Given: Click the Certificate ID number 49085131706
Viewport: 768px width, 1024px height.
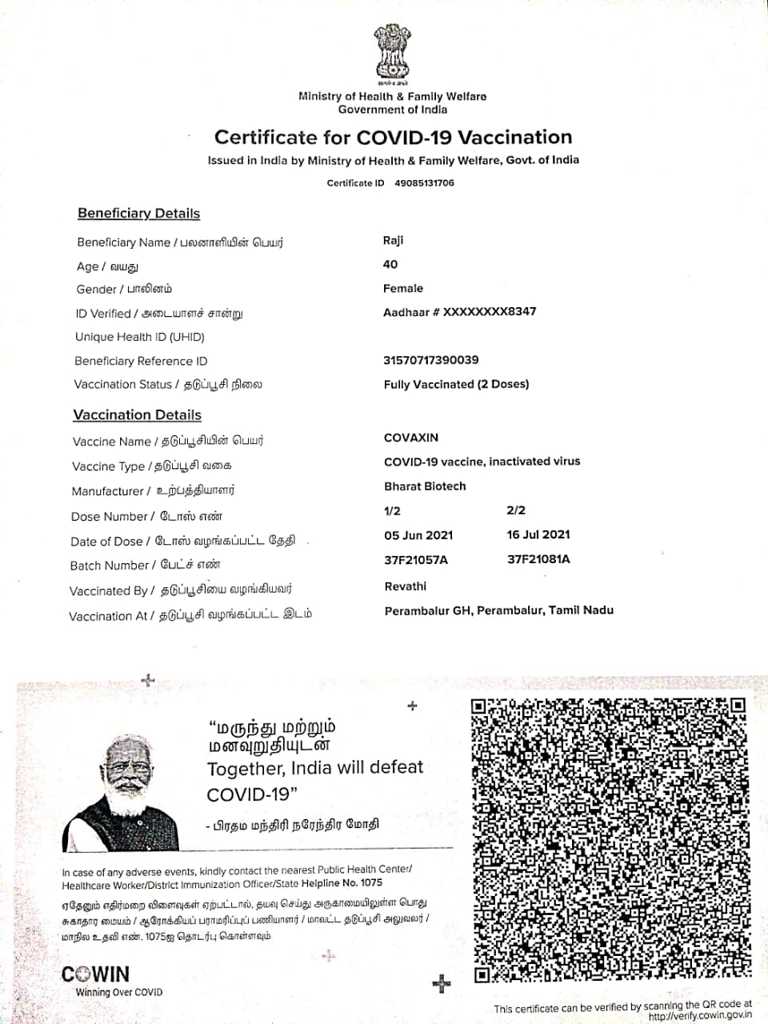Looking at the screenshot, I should (x=424, y=183).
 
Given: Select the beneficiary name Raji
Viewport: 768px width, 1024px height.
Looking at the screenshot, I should (x=394, y=241).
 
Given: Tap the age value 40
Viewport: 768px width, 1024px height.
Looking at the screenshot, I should (x=390, y=264).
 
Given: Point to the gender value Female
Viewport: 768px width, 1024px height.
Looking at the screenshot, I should (x=403, y=288).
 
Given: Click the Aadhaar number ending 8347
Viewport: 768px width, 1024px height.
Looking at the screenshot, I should (x=459, y=312).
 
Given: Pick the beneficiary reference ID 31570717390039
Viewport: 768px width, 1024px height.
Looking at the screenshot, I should (x=431, y=360).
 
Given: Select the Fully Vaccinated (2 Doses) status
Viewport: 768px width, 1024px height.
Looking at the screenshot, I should (x=456, y=384).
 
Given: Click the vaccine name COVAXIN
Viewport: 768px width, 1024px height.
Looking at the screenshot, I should (x=411, y=438).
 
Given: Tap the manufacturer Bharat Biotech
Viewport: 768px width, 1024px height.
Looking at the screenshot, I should (x=425, y=486).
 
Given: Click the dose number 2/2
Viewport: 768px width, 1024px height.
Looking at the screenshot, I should (x=516, y=510).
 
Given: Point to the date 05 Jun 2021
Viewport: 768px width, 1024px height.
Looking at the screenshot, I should (x=418, y=535).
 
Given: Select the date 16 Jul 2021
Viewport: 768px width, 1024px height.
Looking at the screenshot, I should (x=538, y=534).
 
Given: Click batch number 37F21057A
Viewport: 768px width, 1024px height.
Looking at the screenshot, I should (x=416, y=560).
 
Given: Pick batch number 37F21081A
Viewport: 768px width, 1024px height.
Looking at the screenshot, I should (x=538, y=559).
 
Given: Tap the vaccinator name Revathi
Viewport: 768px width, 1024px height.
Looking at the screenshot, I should (x=406, y=586).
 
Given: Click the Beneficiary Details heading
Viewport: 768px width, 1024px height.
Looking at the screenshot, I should (x=138, y=214).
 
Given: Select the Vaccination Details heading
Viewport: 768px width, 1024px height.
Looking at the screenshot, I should (x=137, y=415).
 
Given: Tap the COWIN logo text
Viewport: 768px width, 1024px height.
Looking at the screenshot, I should (x=95, y=974).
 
